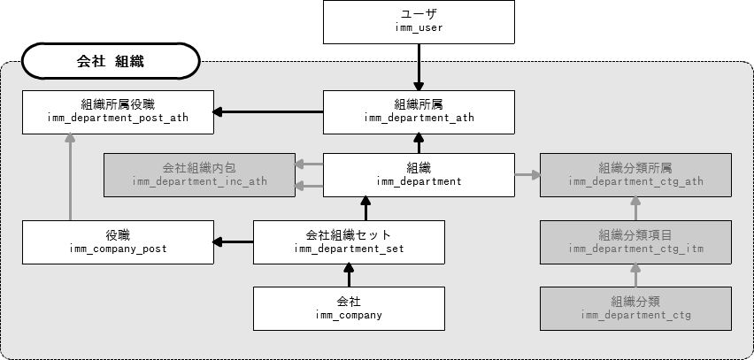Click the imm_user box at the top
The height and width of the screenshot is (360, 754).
pos(418,22)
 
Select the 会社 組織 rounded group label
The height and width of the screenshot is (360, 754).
pos(111,63)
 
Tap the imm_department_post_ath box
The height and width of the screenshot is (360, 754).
pos(117,111)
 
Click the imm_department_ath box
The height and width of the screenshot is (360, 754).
pos(418,111)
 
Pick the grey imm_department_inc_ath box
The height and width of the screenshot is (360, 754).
pos(199,174)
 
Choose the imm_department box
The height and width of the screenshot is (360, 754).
pos(418,174)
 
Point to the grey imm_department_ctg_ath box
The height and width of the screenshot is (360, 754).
pos(636,174)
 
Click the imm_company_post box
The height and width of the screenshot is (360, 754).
pos(117,241)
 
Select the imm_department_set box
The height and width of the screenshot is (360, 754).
pos(349,241)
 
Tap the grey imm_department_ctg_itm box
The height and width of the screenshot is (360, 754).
pos(636,241)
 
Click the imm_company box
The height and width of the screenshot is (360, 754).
pos(349,308)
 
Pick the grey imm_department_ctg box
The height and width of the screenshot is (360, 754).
pos(636,308)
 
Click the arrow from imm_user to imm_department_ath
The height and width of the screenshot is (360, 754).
pos(418,67)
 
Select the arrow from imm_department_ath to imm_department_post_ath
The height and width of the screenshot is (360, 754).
pos(268,111)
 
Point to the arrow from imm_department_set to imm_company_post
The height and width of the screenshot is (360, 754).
pos(234,241)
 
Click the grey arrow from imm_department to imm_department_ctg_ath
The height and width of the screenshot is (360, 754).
pos(527,174)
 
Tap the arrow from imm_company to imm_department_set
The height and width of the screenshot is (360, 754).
pos(349,275)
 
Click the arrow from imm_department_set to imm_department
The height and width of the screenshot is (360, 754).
pos(363,209)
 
